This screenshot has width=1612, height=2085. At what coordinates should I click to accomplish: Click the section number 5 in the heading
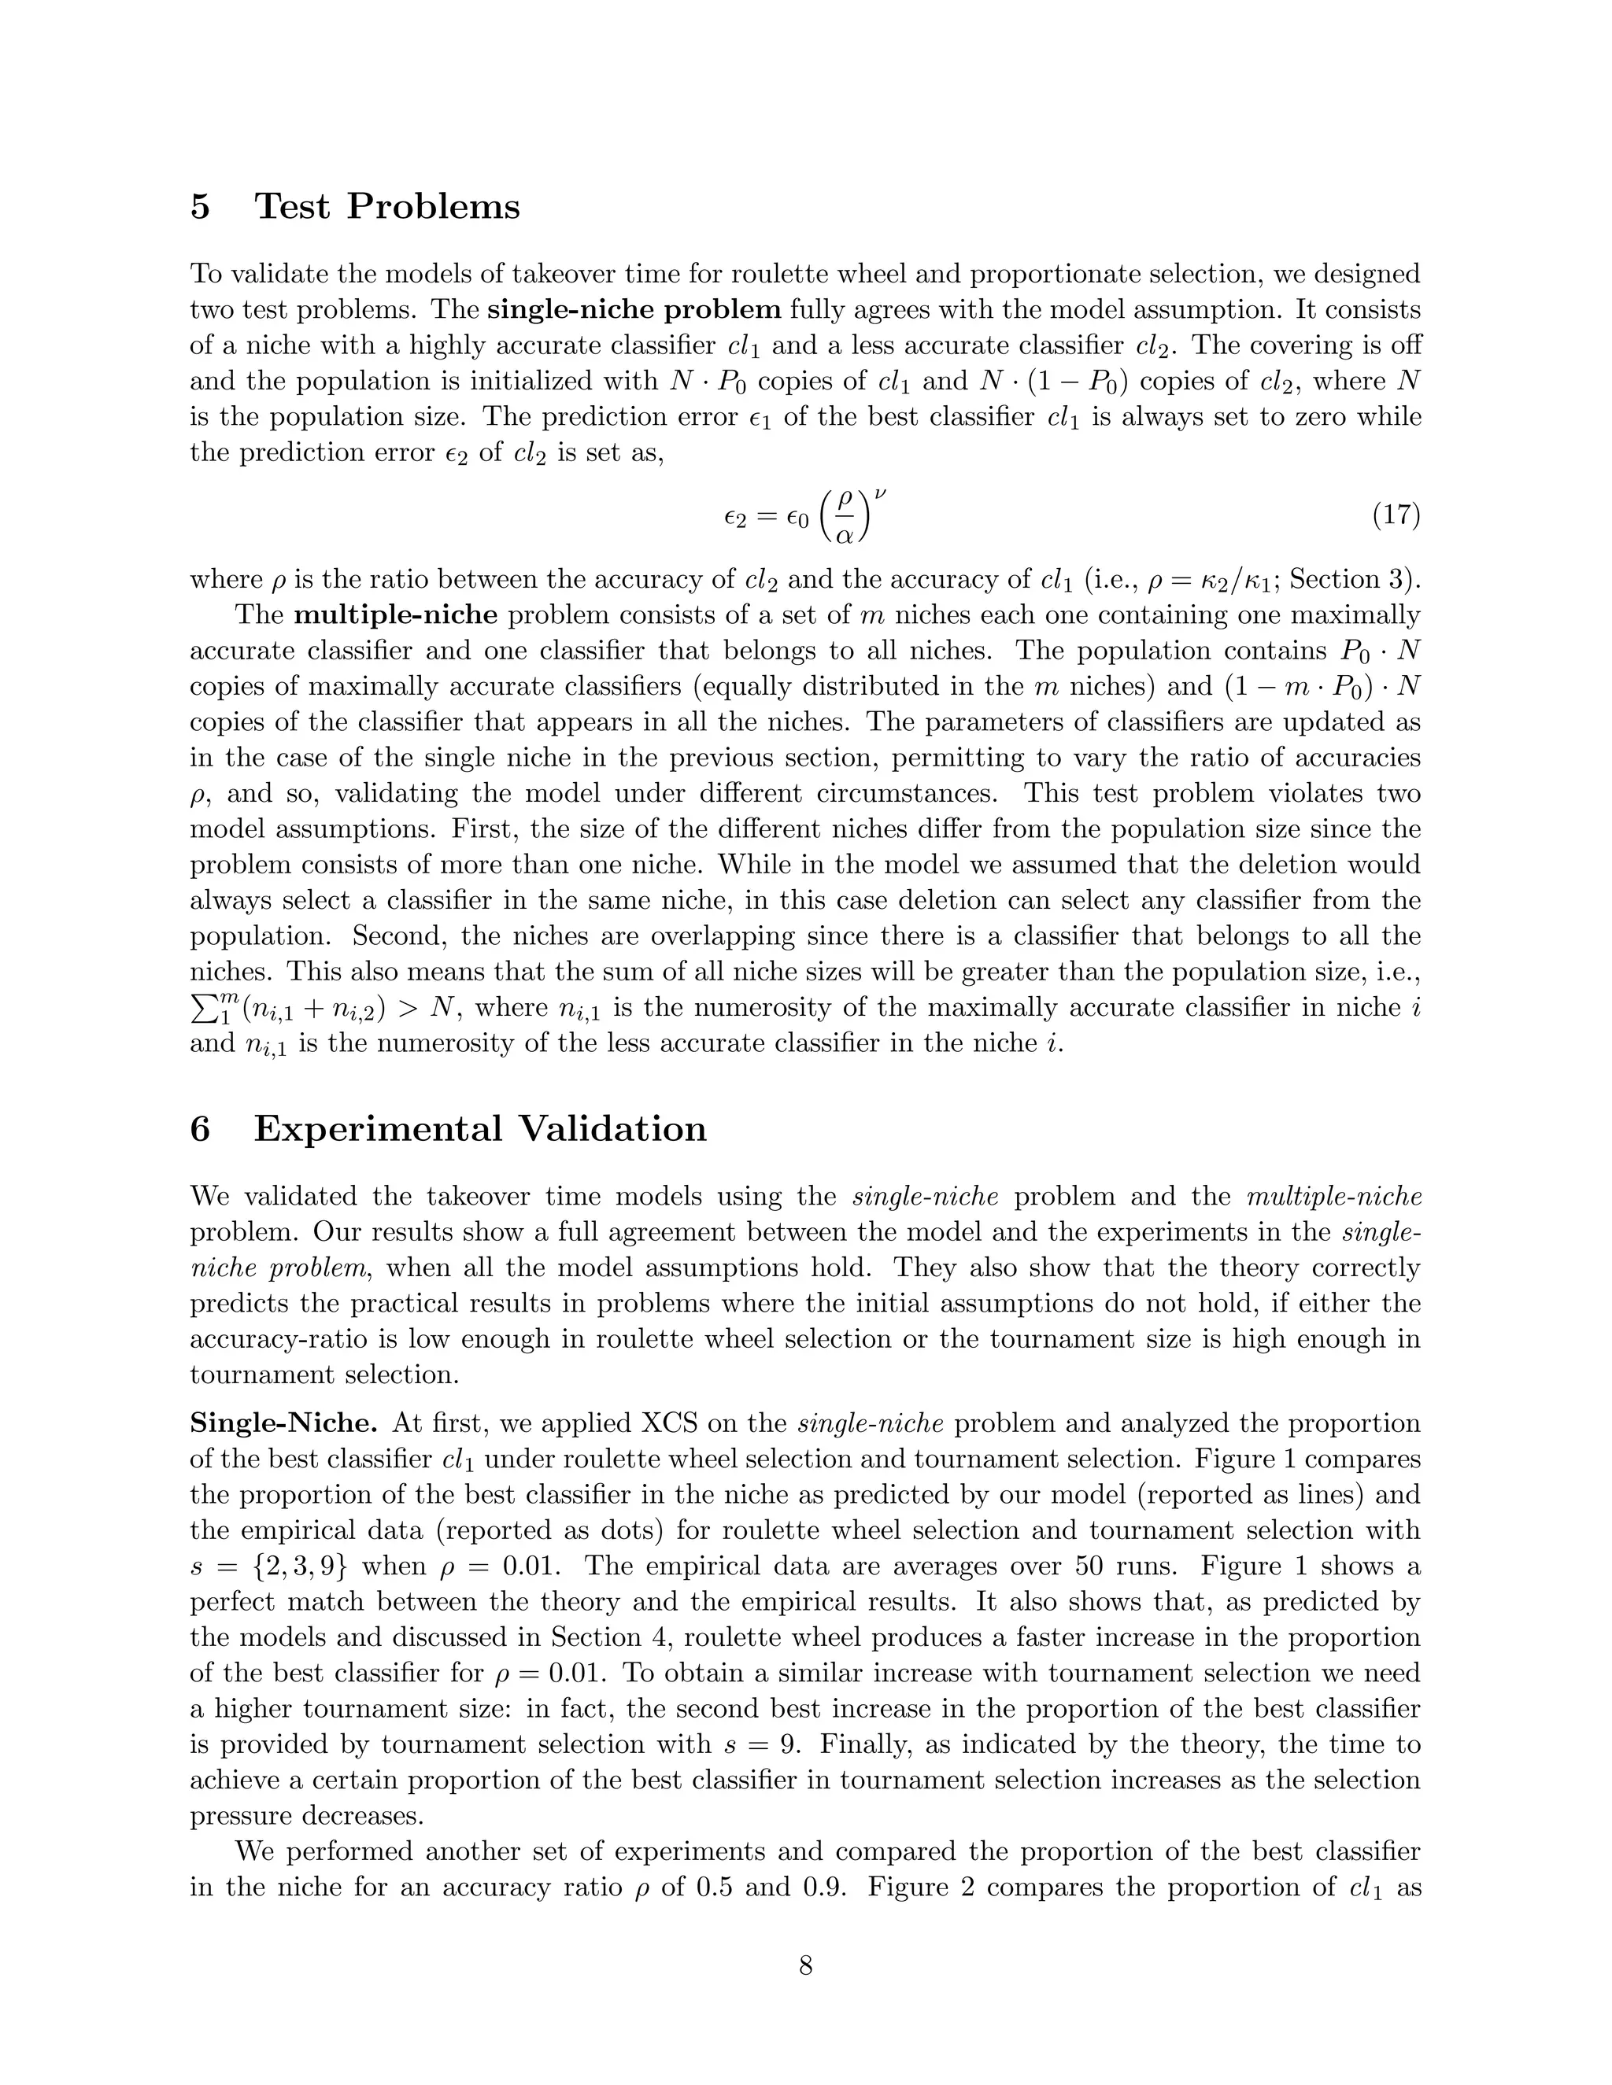coord(200,206)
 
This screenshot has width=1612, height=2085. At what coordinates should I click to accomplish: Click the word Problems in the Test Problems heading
coord(433,206)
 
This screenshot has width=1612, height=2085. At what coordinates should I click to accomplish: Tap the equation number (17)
coord(1396,515)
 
